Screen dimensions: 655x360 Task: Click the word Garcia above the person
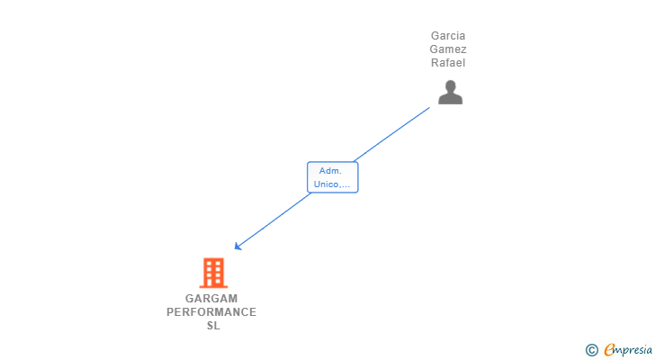pyautogui.click(x=448, y=36)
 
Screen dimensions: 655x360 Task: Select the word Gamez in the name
pyautogui.click(x=448, y=49)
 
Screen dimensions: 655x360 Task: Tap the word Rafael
pyautogui.click(x=448, y=63)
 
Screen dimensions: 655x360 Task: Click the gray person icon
pyautogui.click(x=450, y=92)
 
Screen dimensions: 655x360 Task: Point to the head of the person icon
pyautogui.click(x=450, y=86)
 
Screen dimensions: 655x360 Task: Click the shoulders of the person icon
pyautogui.click(x=450, y=99)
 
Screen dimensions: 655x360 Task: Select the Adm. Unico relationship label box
pyautogui.click(x=333, y=177)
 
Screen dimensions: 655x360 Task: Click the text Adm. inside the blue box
pyautogui.click(x=330, y=171)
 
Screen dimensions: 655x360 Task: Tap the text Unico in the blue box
pyautogui.click(x=325, y=184)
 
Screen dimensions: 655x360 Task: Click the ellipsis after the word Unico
pyautogui.click(x=345, y=185)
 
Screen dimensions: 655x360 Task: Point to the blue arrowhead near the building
pyautogui.click(x=238, y=247)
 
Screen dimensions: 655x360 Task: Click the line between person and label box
pyautogui.click(x=391, y=134)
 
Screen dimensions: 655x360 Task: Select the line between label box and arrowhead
pyautogui.click(x=273, y=221)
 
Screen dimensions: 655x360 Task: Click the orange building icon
pyautogui.click(x=213, y=273)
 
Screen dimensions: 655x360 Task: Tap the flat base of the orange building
pyautogui.click(x=213, y=286)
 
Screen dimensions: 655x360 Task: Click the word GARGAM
pyautogui.click(x=211, y=299)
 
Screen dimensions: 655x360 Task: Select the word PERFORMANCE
pyautogui.click(x=211, y=312)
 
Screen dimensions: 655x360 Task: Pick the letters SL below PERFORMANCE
pyautogui.click(x=213, y=325)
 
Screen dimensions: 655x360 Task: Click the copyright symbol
pyautogui.click(x=591, y=350)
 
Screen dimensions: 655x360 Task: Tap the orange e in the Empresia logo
pyautogui.click(x=609, y=349)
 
